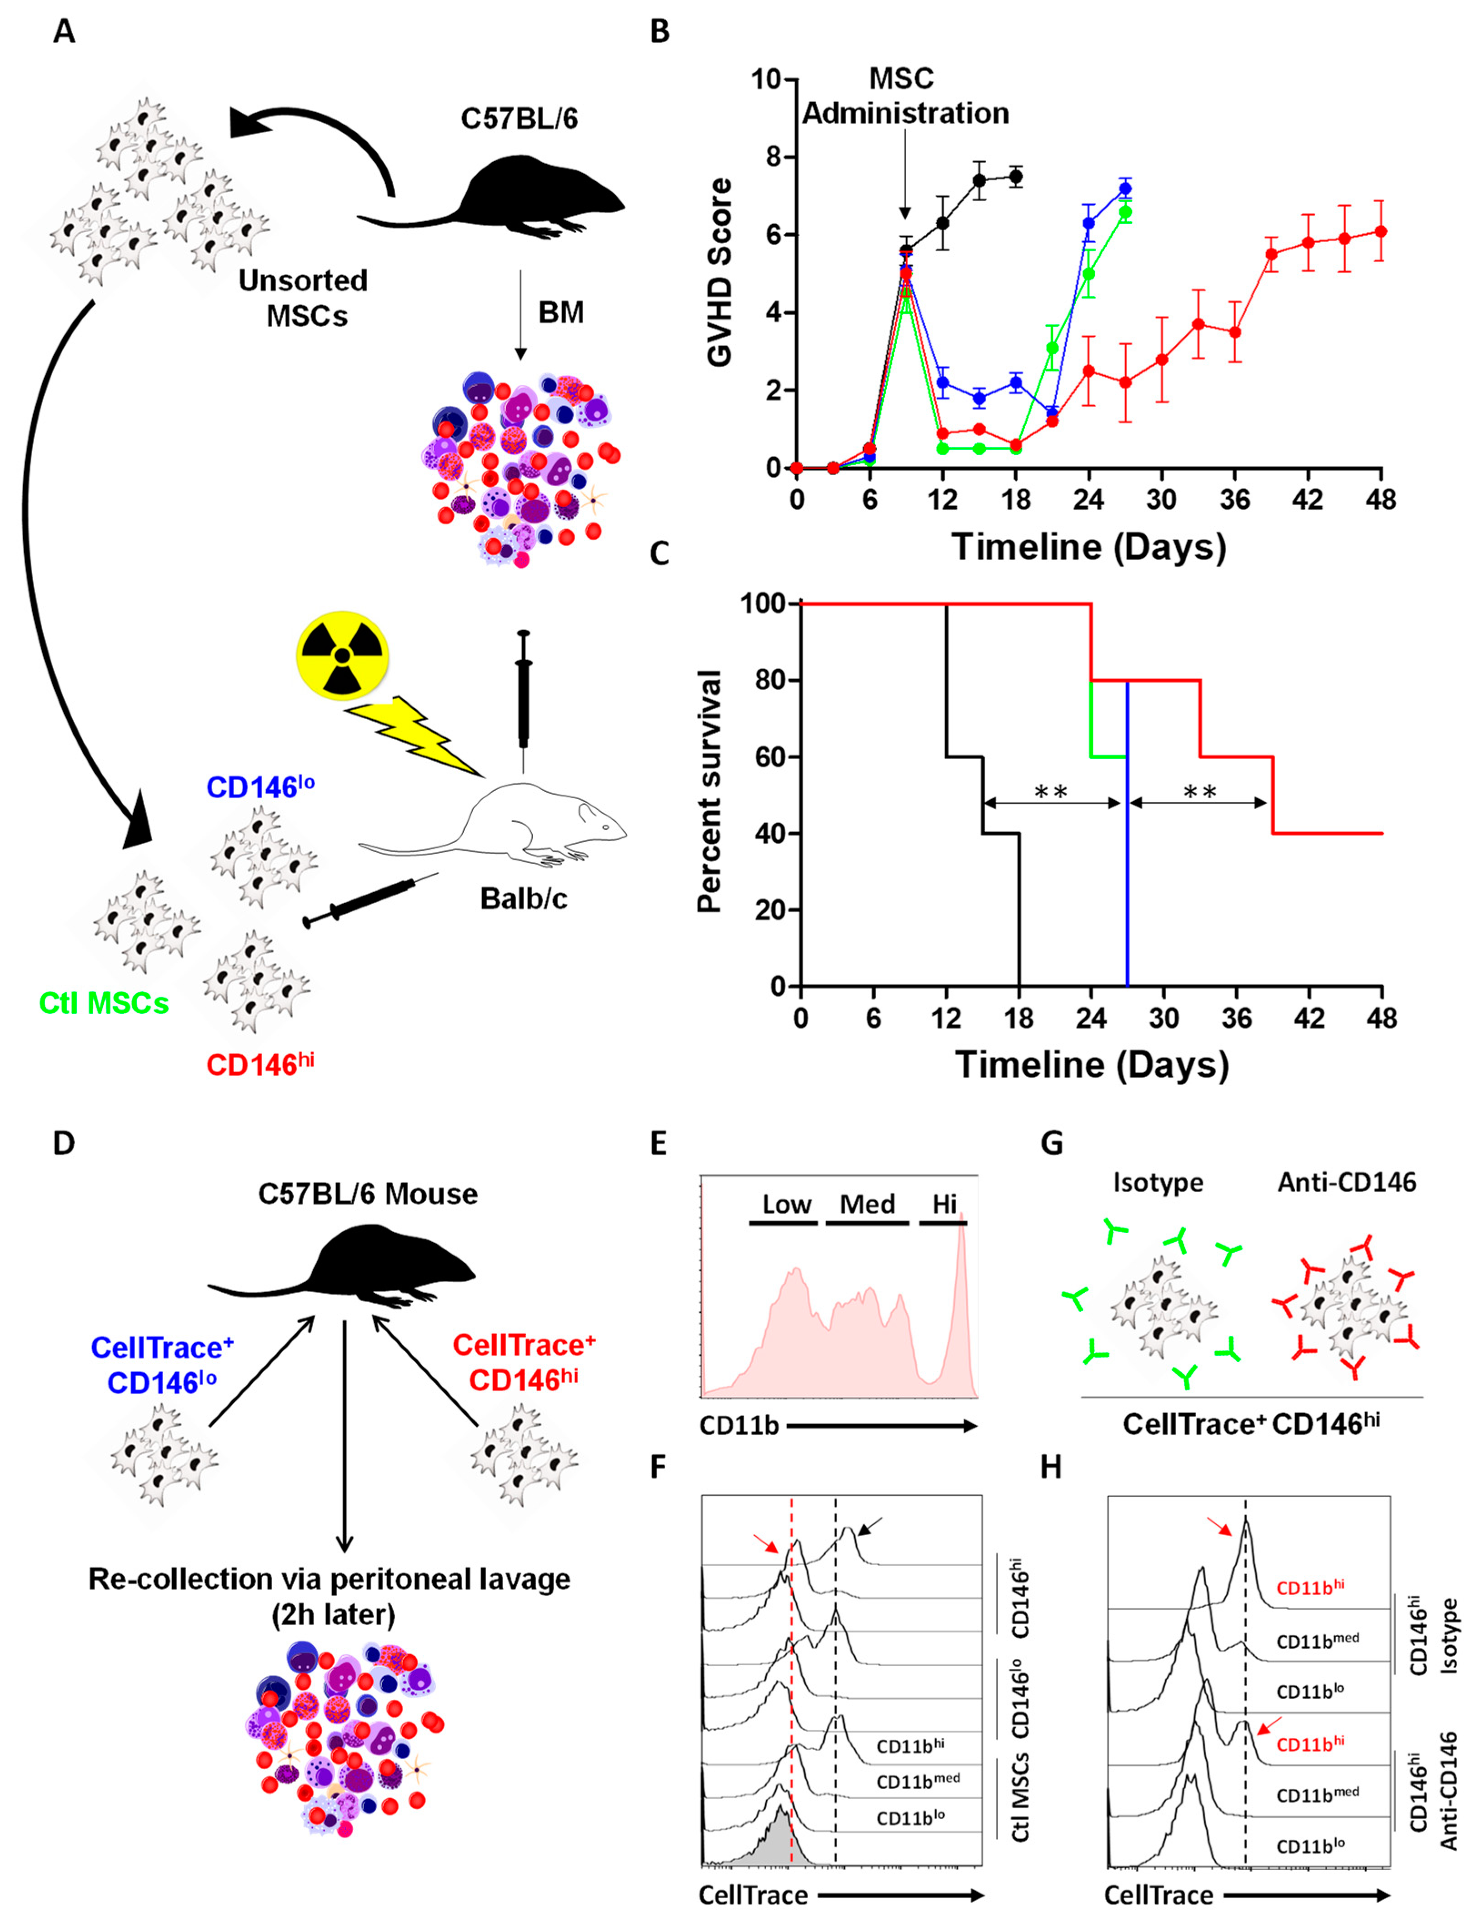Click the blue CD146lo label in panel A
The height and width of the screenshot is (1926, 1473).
(260, 786)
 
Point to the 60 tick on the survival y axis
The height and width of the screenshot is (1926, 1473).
(769, 756)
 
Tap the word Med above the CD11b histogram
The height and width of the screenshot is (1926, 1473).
(867, 1204)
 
